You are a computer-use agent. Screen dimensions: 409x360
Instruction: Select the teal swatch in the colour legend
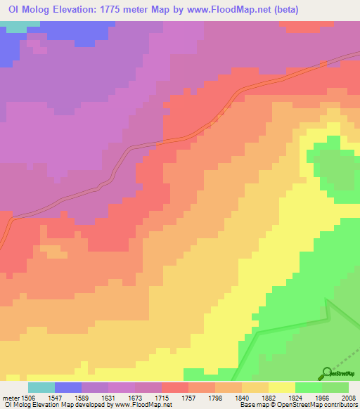coord(41,387)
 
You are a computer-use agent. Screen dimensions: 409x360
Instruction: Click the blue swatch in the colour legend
coord(68,387)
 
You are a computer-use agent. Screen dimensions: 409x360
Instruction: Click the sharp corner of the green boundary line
coord(328,300)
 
